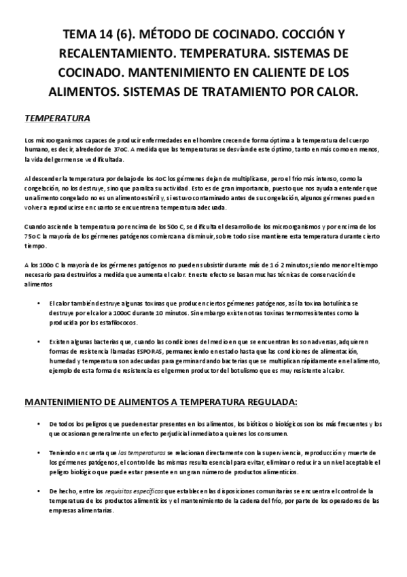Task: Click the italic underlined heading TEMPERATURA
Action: [57, 118]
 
